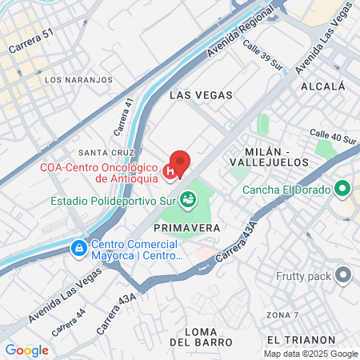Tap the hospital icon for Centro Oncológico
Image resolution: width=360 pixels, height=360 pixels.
[x=170, y=171]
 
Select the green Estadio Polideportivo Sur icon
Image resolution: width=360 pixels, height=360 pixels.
[x=188, y=199]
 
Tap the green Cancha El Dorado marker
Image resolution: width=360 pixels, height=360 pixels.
[x=343, y=190]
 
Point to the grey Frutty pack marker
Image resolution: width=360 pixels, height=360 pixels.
[x=344, y=276]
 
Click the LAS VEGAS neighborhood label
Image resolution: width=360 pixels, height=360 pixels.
[x=202, y=95]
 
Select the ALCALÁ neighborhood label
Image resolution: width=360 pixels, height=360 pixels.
[x=323, y=86]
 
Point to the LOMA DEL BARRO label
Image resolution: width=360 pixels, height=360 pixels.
[x=195, y=336]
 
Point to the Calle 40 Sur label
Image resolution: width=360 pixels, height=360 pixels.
[x=333, y=137]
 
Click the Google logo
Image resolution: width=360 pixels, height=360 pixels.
[x=26, y=350]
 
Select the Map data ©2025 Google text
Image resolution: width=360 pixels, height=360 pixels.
[x=311, y=354]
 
